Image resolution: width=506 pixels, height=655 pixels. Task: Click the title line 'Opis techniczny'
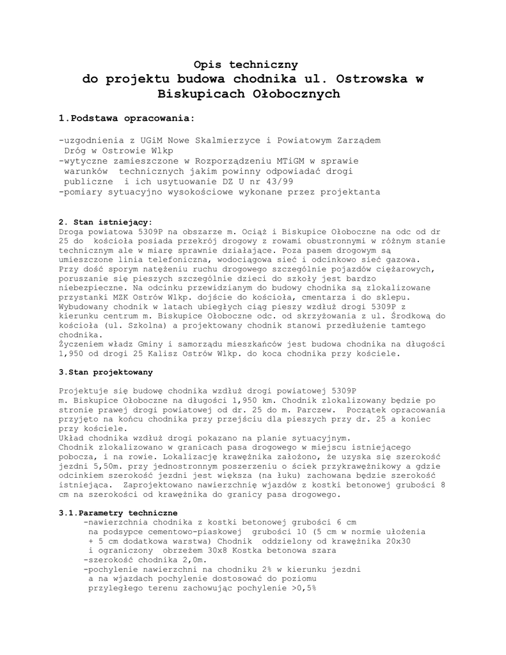click(x=246, y=64)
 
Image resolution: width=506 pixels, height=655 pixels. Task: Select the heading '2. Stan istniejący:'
click(x=106, y=223)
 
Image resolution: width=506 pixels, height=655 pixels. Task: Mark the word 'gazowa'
click(x=399, y=260)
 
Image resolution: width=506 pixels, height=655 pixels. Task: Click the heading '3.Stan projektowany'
click(x=106, y=372)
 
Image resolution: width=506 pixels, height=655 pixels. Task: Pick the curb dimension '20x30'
click(x=397, y=541)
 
